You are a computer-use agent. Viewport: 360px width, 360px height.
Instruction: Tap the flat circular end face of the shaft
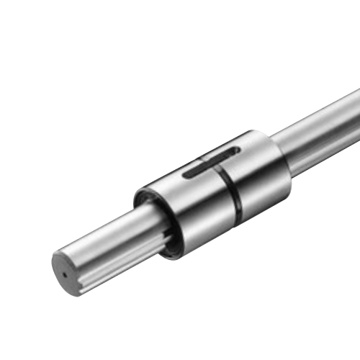(68, 271)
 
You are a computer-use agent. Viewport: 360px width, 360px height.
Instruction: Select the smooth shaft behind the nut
(317, 119)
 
